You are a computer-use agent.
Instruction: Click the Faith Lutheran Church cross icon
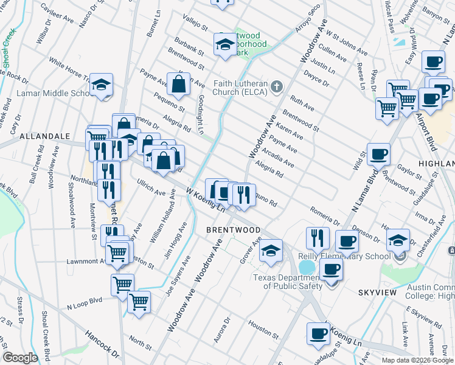point(277,86)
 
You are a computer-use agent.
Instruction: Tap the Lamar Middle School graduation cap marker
point(102,86)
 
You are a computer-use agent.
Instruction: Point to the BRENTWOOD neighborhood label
point(233,230)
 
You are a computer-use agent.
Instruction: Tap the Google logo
point(20,357)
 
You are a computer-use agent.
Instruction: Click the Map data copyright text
point(417,360)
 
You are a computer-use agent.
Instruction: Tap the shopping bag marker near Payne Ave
point(179,85)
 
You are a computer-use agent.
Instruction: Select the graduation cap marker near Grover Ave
point(271,250)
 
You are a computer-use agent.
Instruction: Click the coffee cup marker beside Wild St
point(378,155)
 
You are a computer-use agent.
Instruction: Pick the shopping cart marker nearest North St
point(139,302)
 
